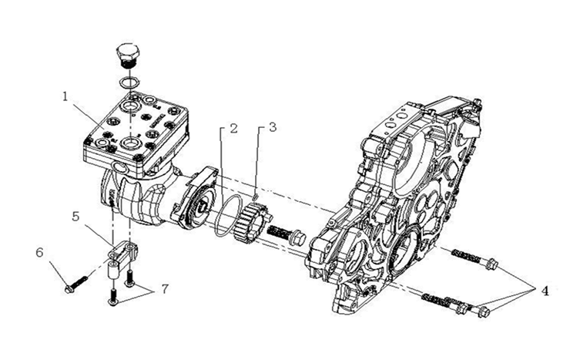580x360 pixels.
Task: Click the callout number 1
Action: (x=65, y=96)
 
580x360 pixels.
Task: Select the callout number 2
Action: (x=233, y=129)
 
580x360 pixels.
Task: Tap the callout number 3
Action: (x=273, y=127)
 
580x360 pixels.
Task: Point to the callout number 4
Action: (x=545, y=291)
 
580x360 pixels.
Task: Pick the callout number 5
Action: (x=75, y=217)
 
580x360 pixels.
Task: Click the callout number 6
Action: (x=39, y=253)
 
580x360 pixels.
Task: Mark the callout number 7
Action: (x=165, y=289)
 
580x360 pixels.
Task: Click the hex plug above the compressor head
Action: (x=129, y=56)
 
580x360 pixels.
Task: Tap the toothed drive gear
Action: (x=253, y=222)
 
